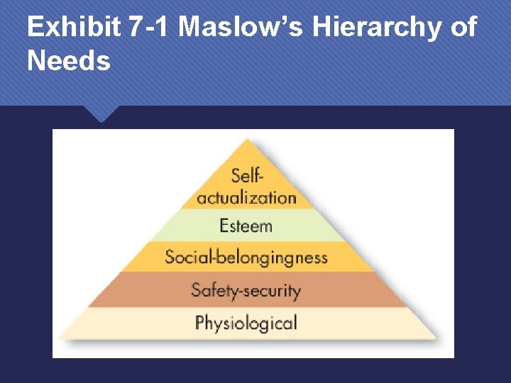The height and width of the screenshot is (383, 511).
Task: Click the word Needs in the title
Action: (69, 61)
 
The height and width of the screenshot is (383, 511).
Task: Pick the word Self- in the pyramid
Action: (246, 175)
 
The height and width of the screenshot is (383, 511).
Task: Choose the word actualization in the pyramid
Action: (246, 196)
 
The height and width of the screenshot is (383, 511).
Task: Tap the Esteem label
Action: (246, 226)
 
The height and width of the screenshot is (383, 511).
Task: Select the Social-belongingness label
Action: (246, 256)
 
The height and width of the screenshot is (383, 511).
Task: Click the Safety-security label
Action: (246, 290)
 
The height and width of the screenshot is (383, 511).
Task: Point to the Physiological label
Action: (246, 323)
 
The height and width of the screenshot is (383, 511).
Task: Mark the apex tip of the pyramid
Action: (246, 140)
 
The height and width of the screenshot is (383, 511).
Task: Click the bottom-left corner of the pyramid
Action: (57, 338)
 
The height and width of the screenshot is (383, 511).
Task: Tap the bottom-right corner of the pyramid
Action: (436, 338)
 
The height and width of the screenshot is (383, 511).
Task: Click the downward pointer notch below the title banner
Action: (100, 115)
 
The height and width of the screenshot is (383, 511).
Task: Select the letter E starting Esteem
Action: (224, 226)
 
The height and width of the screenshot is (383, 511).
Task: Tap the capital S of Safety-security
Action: (197, 290)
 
